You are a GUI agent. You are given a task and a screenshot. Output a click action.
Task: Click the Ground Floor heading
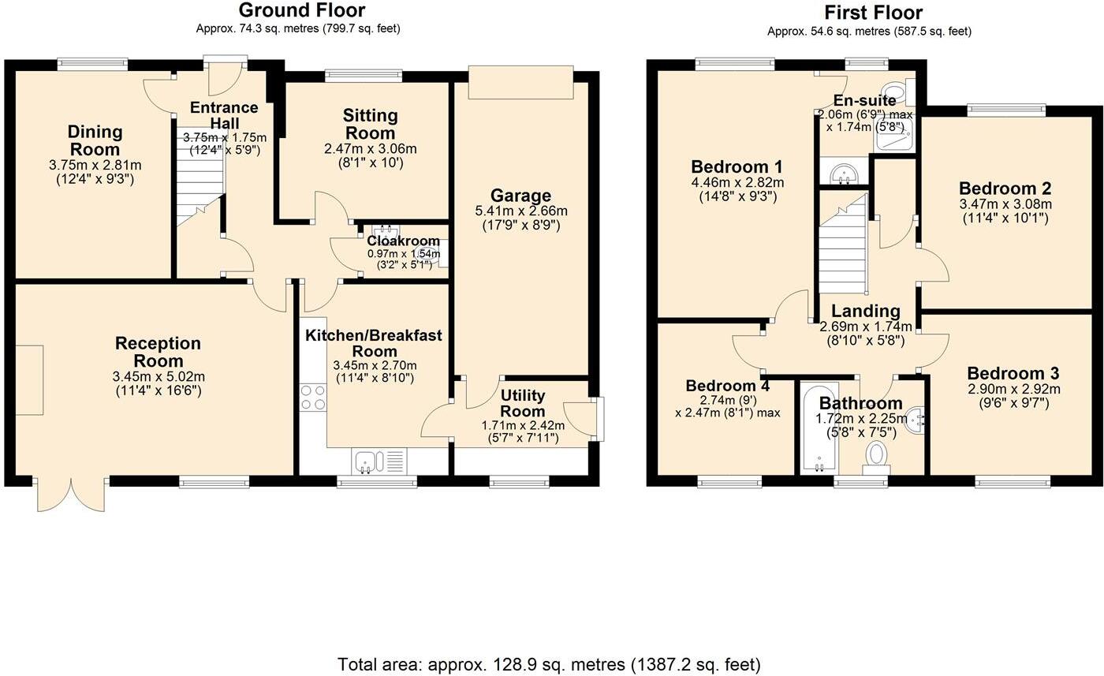point(301,10)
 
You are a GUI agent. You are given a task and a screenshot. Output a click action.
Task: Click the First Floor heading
point(873,13)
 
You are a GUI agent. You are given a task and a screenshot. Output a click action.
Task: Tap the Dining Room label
point(95,140)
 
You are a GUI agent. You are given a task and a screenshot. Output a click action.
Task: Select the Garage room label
point(520,196)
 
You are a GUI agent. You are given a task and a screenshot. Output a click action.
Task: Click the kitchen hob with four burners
point(313,397)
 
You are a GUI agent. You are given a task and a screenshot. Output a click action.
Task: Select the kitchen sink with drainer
point(378,461)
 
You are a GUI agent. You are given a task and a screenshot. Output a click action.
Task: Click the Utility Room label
point(523,402)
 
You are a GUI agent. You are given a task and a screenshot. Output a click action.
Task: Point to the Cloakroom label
point(403,241)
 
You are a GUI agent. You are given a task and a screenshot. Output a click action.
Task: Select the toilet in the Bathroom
point(876,456)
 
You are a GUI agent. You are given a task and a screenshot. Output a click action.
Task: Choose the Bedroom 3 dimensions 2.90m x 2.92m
point(1013,390)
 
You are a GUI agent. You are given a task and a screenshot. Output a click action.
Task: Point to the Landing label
point(865,312)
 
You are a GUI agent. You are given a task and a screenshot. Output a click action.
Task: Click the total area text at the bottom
point(549,664)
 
